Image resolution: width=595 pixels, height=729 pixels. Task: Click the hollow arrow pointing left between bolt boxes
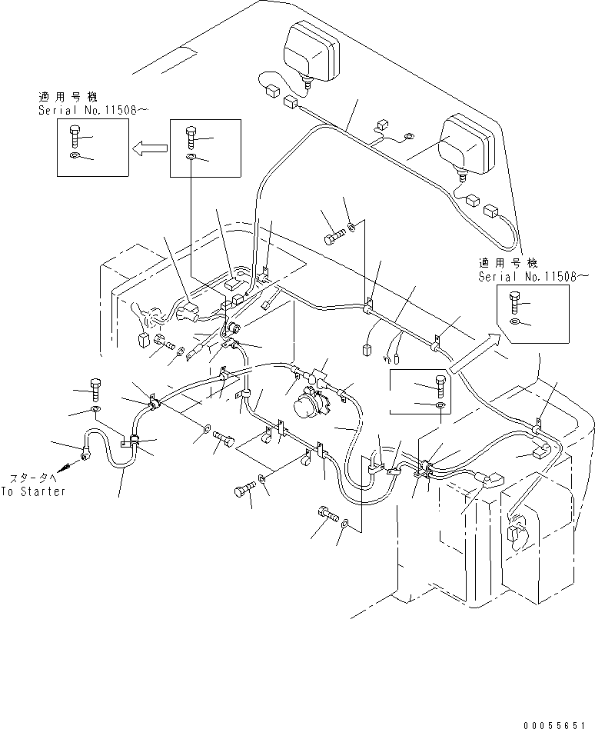click(148, 149)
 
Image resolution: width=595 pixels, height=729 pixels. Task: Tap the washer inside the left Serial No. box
click(74, 157)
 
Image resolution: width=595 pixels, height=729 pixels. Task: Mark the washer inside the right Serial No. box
click(513, 320)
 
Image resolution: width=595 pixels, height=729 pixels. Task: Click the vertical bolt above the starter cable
click(95, 388)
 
